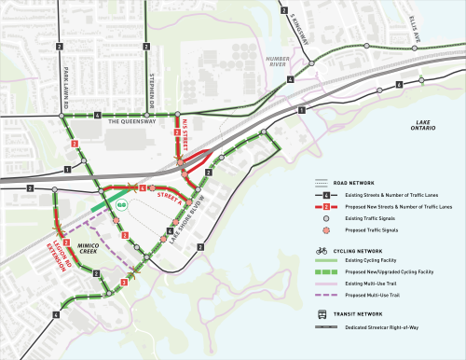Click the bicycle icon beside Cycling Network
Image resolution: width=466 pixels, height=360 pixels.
click(321, 251)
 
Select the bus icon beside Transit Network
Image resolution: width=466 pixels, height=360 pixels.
click(321, 314)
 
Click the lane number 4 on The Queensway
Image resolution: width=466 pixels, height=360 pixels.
click(98, 116)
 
